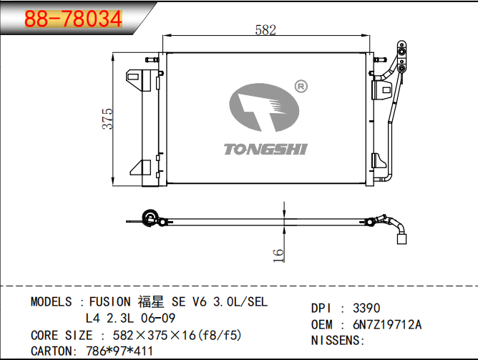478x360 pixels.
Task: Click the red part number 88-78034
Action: coord(74,19)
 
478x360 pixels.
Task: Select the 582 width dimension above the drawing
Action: coord(265,30)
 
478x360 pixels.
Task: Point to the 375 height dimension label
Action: coord(107,119)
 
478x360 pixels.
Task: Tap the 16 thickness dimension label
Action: coord(278,256)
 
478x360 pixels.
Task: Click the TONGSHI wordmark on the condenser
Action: coord(265,150)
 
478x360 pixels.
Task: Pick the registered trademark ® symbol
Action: coord(301,87)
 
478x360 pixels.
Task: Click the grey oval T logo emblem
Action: coord(264,107)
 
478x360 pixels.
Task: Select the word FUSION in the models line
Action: coord(109,302)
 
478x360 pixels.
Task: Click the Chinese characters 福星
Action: coord(150,302)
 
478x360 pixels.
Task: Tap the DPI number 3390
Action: coord(366,308)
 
